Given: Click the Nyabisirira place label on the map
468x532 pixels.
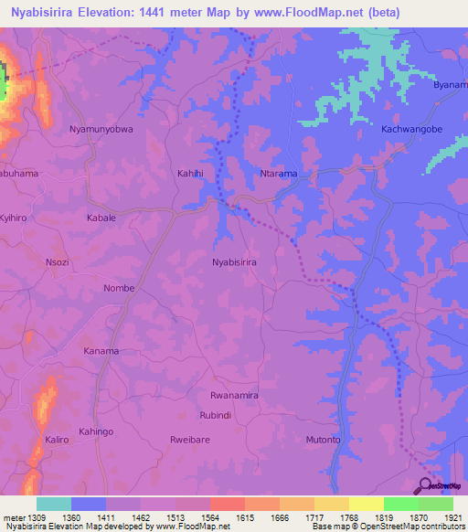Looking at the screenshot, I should tap(234, 262).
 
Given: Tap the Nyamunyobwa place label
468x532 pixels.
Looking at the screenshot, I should tap(101, 130).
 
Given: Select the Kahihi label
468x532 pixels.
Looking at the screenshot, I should tap(191, 173).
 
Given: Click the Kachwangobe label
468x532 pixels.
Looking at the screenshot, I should tap(411, 129).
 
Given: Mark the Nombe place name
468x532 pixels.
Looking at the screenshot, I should tap(119, 288).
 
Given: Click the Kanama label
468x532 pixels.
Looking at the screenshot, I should tap(101, 351).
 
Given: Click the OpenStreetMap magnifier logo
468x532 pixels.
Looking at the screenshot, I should tap(426, 485).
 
